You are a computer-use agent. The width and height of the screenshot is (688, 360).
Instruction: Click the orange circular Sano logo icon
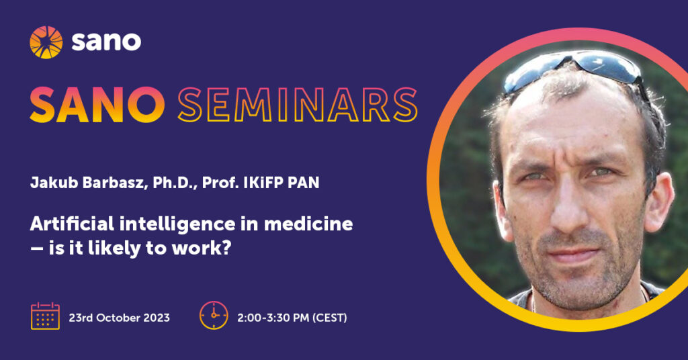pyautogui.click(x=46, y=42)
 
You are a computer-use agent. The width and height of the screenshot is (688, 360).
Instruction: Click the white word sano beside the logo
pyautogui.click(x=106, y=42)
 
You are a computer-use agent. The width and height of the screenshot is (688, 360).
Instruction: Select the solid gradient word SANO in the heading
pyautogui.click(x=97, y=104)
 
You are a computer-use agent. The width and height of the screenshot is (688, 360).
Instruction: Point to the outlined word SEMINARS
pyautogui.click(x=298, y=104)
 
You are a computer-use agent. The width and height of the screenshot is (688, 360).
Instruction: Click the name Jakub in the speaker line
pyautogui.click(x=54, y=183)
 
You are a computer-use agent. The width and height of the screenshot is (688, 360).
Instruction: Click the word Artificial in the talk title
pyautogui.click(x=72, y=224)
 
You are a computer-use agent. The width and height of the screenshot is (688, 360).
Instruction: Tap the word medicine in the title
pyautogui.click(x=308, y=224)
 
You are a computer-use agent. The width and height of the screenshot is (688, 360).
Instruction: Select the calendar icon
pyautogui.click(x=45, y=316)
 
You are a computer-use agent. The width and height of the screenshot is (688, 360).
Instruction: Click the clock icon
pyautogui.click(x=214, y=315)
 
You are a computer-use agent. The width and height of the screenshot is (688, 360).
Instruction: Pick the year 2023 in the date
pyautogui.click(x=156, y=318)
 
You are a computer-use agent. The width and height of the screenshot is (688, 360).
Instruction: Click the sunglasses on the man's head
pyautogui.click(x=572, y=69)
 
